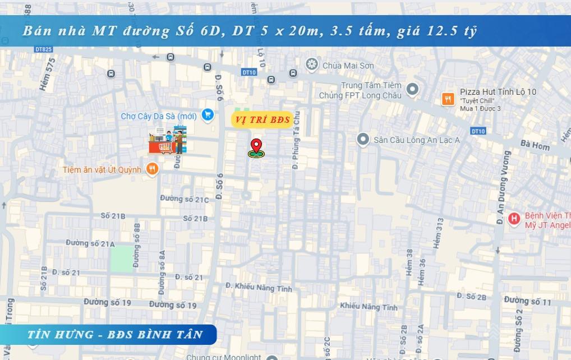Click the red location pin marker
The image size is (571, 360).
(256, 146)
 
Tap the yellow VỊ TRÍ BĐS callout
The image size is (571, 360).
(262, 119)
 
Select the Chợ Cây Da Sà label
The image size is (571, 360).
(159, 116)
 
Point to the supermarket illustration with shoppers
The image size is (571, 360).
(167, 140)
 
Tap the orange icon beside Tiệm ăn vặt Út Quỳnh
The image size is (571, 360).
(151, 169)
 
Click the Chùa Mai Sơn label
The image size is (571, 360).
(348, 66)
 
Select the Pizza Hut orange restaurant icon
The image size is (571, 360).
(448, 99)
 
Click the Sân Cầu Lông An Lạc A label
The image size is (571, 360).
(416, 140)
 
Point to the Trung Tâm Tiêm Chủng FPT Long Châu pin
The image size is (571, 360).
(412, 89)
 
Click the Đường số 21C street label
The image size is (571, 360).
(184, 199)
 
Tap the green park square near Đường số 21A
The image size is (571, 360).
(122, 259)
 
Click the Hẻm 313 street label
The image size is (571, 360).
(439, 233)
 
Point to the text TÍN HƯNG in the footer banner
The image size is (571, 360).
(61, 334)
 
